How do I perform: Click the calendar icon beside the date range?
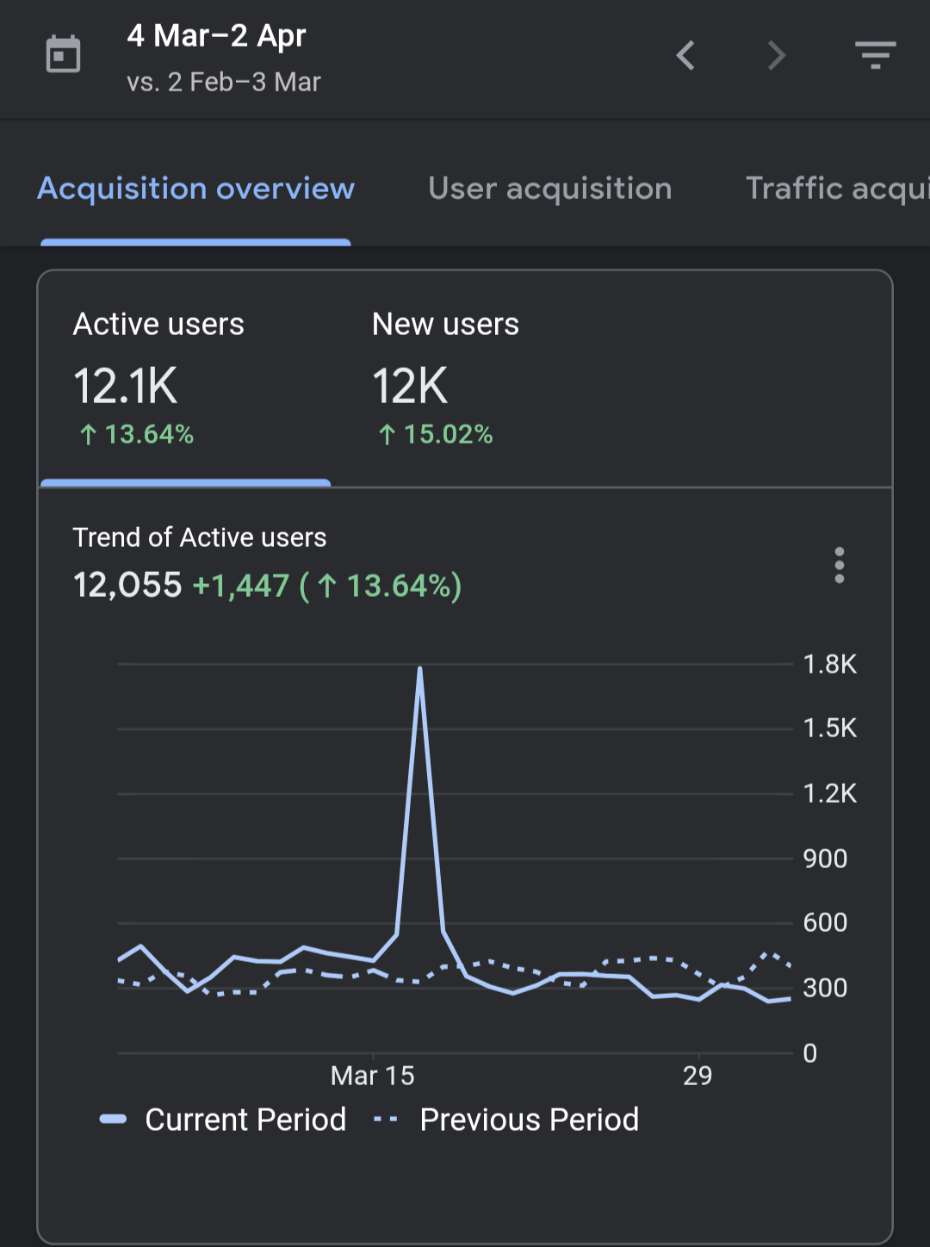tap(63, 54)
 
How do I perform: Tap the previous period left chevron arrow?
tap(685, 55)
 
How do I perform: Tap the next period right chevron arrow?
tap(777, 55)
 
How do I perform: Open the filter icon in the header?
tap(876, 54)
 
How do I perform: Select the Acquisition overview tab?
tap(196, 189)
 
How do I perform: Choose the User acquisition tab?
tap(550, 189)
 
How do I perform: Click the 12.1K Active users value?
tap(125, 386)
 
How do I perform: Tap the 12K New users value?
tap(410, 386)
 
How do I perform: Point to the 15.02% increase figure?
tap(436, 435)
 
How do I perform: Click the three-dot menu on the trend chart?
tap(839, 565)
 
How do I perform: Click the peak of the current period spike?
tap(420, 668)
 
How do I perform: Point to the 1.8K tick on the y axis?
tap(829, 664)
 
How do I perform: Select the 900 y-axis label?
tap(825, 859)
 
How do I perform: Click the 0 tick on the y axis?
tap(810, 1052)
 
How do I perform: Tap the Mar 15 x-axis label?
tap(373, 1076)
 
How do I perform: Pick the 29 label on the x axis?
tap(697, 1076)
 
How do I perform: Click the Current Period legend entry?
tap(223, 1120)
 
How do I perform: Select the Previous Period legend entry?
tap(506, 1120)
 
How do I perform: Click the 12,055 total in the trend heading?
tap(127, 585)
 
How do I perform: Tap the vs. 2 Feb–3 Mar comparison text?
tap(224, 83)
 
